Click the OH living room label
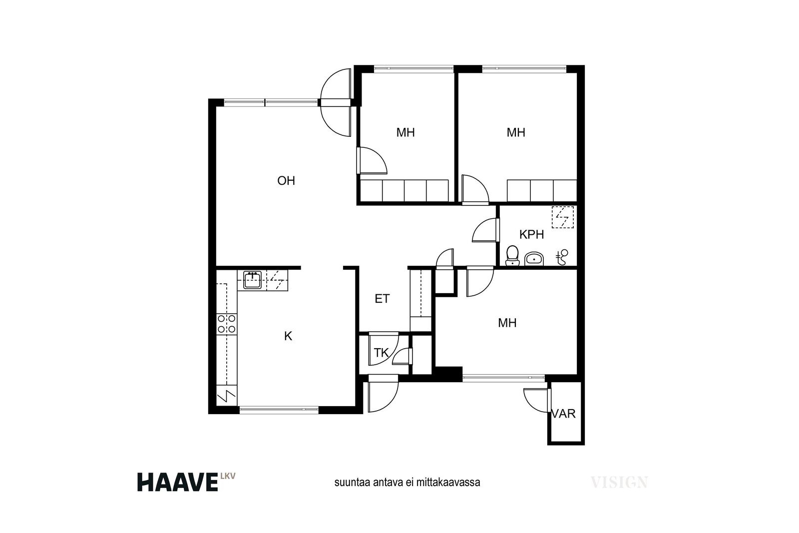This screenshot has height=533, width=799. (286, 180)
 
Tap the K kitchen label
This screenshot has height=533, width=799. (288, 336)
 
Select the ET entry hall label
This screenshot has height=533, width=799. (382, 299)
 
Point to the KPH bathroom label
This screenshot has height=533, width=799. (531, 234)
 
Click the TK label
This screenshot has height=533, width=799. (381, 353)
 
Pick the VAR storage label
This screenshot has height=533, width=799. (564, 414)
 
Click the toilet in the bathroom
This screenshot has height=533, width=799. (512, 255)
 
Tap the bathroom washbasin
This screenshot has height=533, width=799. (534, 259)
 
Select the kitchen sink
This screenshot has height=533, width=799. (253, 280)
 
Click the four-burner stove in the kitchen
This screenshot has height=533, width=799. (227, 324)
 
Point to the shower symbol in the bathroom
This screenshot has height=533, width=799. (562, 257)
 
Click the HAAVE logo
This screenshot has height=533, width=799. (178, 483)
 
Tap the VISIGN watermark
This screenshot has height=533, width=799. (619, 483)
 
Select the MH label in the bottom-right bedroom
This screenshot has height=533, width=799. (507, 323)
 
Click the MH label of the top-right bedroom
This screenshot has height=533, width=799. (516, 132)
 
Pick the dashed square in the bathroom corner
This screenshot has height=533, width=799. (563, 217)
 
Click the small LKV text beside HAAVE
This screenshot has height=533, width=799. (228, 476)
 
